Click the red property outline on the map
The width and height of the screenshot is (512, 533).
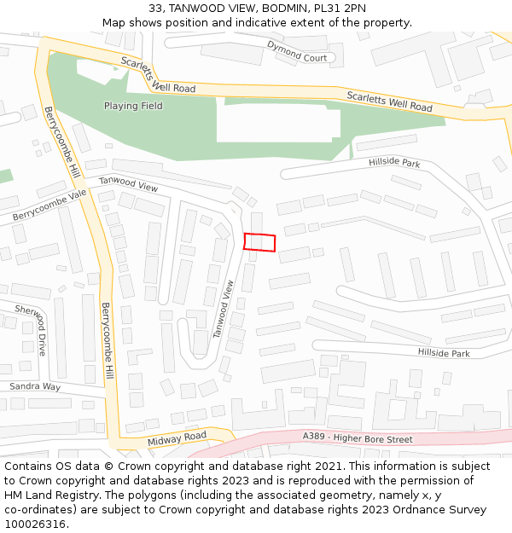(259, 242)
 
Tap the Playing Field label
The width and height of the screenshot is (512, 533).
(133, 107)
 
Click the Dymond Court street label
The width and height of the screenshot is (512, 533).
(297, 51)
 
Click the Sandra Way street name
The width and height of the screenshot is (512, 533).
(35, 386)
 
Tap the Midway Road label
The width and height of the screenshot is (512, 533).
(177, 439)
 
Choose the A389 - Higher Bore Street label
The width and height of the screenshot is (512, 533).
(358, 438)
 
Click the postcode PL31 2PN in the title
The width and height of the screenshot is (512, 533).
(340, 9)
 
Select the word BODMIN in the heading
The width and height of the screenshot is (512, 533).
(285, 9)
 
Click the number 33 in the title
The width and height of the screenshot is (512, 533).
(154, 9)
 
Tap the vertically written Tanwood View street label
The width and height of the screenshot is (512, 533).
(224, 310)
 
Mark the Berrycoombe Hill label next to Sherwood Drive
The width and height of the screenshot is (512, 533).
(108, 341)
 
